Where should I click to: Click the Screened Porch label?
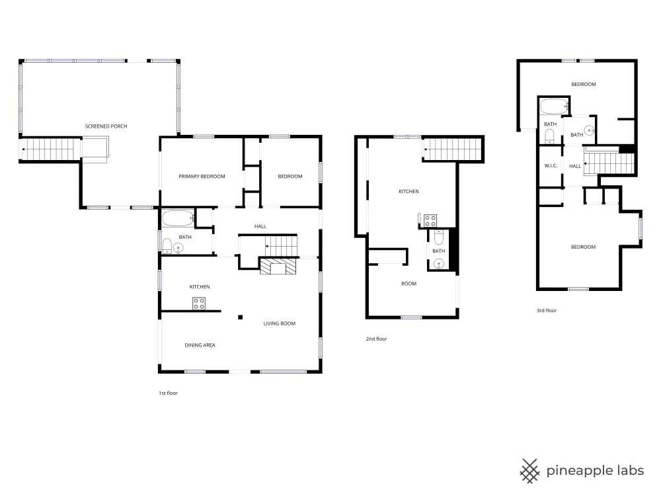click(x=106, y=126)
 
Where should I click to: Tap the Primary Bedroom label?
click(x=202, y=177)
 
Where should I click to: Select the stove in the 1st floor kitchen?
click(x=199, y=304)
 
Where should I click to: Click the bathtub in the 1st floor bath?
click(x=178, y=218)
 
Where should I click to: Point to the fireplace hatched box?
click(x=278, y=267)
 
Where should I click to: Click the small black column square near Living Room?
click(x=241, y=317)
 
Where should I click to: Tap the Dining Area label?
click(x=200, y=345)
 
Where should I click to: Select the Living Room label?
click(x=280, y=323)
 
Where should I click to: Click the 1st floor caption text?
click(x=168, y=393)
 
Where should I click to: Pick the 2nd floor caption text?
click(x=377, y=339)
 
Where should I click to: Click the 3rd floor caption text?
click(x=547, y=310)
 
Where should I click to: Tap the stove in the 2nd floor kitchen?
click(x=430, y=221)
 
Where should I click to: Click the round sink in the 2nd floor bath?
click(x=439, y=265)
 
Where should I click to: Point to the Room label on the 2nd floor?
click(x=409, y=284)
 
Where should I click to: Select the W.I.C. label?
click(x=551, y=166)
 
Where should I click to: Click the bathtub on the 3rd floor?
click(x=555, y=106)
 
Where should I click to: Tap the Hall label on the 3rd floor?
click(x=575, y=166)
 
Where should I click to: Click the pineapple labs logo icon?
click(x=529, y=471)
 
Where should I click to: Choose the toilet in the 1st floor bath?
click(x=167, y=246)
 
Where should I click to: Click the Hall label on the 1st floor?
click(x=260, y=226)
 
